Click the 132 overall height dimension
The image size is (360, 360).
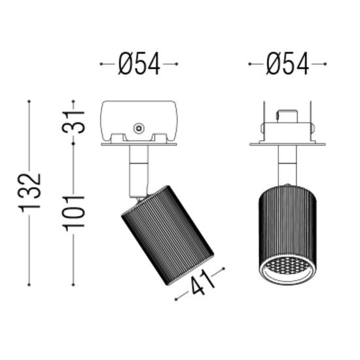pos(29,193)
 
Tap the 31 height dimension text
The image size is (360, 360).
pos(73,122)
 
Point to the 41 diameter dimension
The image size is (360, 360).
pos(202,283)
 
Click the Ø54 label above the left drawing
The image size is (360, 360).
pos(139,63)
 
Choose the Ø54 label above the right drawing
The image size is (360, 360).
pos(287,63)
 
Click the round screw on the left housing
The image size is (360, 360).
pos(139,128)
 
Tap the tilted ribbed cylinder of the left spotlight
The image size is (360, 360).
pos(168,235)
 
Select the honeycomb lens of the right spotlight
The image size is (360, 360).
pos(287,266)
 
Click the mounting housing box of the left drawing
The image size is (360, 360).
pos(139,121)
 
